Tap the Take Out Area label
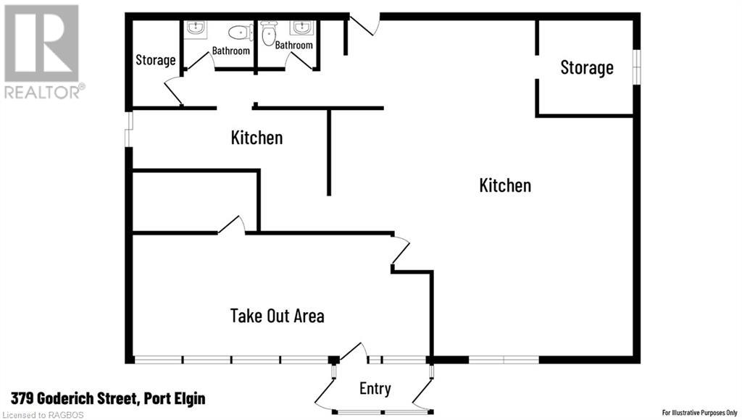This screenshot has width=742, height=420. pos(278,316)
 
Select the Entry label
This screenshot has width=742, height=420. pos(375,389)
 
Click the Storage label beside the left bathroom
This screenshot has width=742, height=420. pos(156,60)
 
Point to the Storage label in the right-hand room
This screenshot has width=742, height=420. pos(587,67)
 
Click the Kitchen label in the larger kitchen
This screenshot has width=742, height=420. pos(505,185)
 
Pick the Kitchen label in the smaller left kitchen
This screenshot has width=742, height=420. pos(257,138)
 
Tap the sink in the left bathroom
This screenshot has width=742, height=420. pos(194,28)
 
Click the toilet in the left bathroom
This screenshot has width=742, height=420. pos(240,33)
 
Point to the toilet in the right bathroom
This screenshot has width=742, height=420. pos(269,33)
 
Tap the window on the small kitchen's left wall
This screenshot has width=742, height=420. pos(129,129)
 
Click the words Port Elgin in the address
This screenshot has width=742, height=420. pos(175,399)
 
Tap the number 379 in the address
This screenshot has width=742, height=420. pos(22,399)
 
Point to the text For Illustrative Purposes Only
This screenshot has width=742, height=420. pos(699,413)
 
